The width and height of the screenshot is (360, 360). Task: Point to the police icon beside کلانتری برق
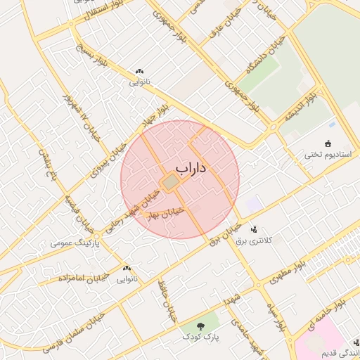click(x=254, y=229)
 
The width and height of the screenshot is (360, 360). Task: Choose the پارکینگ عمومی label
click(x=76, y=243)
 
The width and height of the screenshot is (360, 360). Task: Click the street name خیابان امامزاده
click(x=72, y=278)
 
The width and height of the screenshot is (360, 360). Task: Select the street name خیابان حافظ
click(x=167, y=302)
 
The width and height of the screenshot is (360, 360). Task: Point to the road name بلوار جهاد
click(x=155, y=115)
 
